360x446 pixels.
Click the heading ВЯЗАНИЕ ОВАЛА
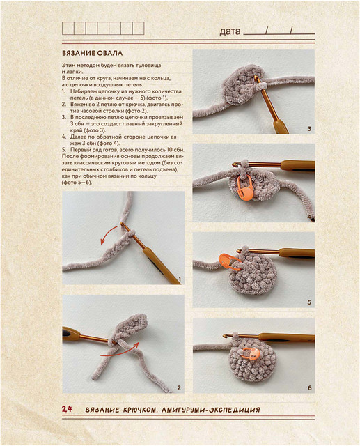pos(93,53)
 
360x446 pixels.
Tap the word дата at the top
pos(230,31)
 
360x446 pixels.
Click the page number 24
pos(67,409)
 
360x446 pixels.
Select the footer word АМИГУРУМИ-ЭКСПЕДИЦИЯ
pos(210,410)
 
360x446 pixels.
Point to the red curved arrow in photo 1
pos(106,233)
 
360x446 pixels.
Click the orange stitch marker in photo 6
pos(250,353)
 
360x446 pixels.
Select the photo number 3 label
pos(309,129)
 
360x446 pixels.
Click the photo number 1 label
pos(180,279)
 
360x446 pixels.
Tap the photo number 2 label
pos(179,387)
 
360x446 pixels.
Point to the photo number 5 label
pos(309,302)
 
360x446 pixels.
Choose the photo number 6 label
pos(309,387)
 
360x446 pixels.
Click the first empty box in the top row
pos(68,29)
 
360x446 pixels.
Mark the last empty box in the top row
pos(138,29)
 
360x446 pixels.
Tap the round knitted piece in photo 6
pos(252,361)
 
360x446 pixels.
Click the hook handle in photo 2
pos(70,334)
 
